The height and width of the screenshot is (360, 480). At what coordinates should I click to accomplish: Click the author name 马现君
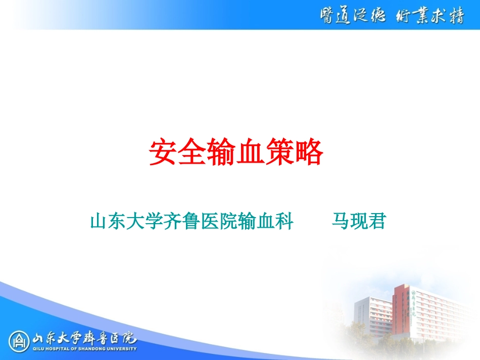pyautogui.click(x=358, y=221)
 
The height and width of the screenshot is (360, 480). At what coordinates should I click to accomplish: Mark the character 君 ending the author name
pyautogui.click(x=376, y=221)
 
